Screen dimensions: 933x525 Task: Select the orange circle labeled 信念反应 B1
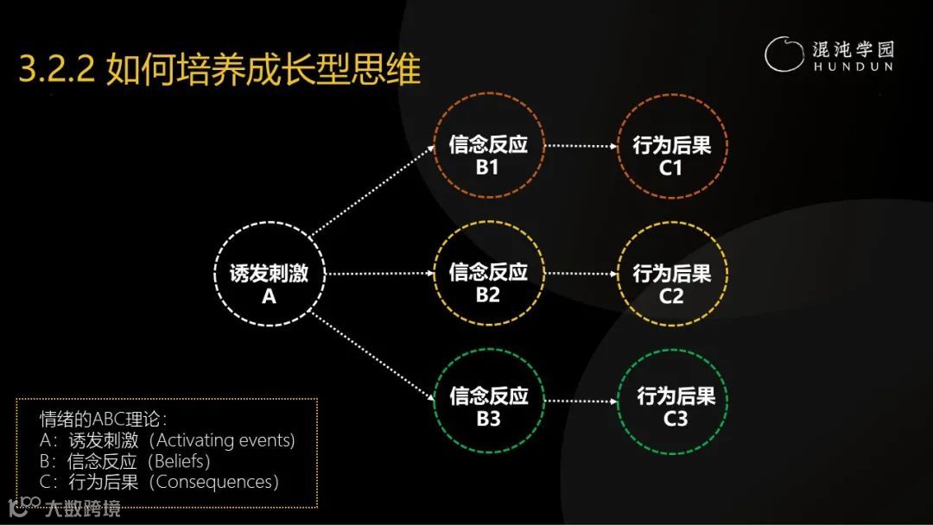[488, 155]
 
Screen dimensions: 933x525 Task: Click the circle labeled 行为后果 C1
[672, 155]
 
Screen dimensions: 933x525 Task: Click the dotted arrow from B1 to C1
[580, 146]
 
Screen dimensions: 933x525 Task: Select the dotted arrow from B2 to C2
[580, 274]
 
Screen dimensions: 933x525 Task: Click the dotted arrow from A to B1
[371, 191]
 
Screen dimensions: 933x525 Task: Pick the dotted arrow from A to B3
[371, 357]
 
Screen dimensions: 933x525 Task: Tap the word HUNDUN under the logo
[853, 66]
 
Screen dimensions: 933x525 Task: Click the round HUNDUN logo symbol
[784, 54]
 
